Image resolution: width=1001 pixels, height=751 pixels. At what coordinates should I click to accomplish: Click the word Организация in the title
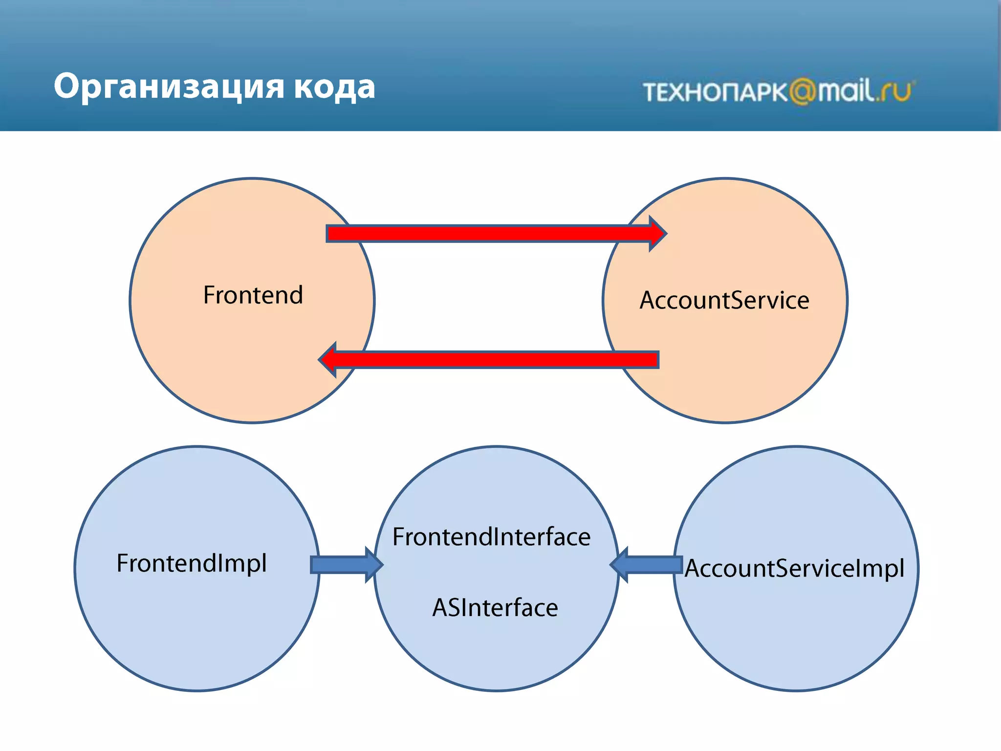tap(168, 87)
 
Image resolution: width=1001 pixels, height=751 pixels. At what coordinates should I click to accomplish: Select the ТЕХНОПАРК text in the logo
tap(715, 92)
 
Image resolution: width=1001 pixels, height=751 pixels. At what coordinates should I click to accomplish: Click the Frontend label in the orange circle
tap(253, 295)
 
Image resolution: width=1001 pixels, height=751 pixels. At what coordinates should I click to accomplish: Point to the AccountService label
tap(724, 300)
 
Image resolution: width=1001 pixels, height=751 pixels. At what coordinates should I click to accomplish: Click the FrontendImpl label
tap(192, 563)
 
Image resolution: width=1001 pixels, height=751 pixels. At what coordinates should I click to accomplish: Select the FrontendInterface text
tap(492, 537)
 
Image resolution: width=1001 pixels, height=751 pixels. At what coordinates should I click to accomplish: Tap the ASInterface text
tap(495, 608)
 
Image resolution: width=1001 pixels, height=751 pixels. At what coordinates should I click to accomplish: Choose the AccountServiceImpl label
tap(794, 569)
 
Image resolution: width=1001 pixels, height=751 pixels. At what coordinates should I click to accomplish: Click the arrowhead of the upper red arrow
tap(657, 234)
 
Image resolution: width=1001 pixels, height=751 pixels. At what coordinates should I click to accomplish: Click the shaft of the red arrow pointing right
tap(489, 234)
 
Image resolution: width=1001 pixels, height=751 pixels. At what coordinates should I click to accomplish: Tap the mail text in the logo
tap(846, 91)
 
